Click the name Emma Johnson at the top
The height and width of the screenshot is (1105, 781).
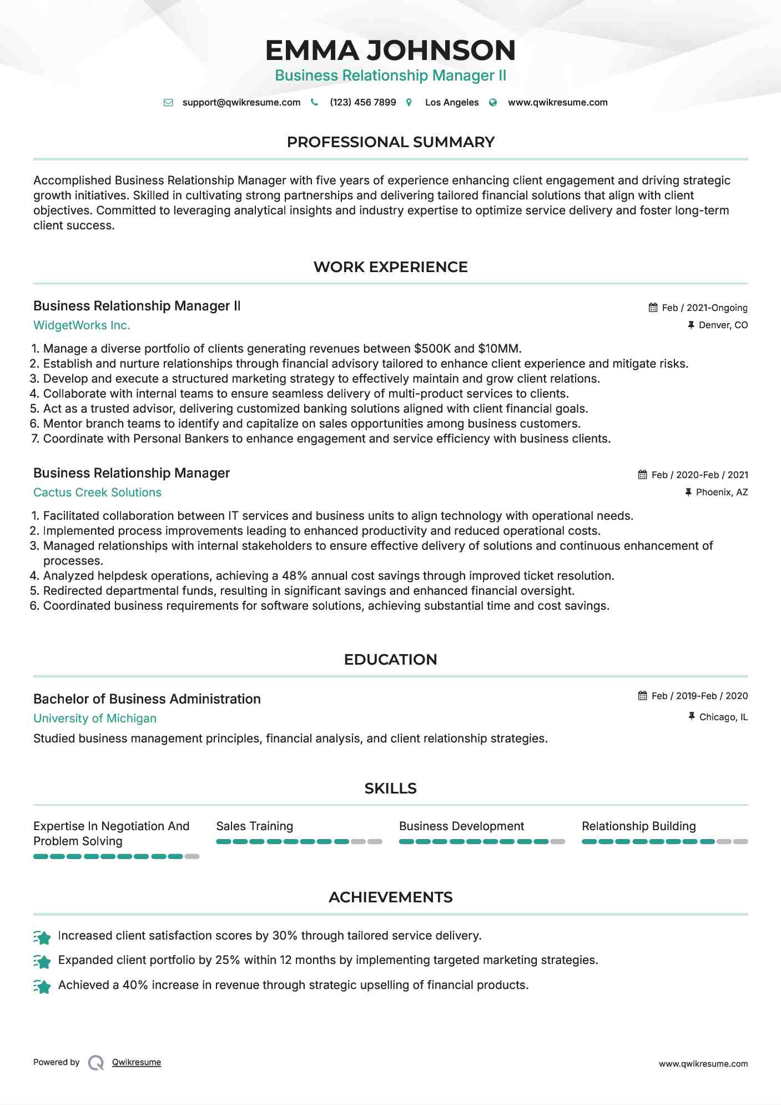tap(390, 51)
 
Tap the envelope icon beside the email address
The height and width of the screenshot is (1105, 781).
tap(168, 103)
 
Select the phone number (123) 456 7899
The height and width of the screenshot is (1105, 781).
tap(362, 103)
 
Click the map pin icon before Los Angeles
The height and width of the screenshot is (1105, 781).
tap(409, 103)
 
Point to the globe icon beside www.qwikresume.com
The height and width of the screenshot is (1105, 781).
tap(493, 103)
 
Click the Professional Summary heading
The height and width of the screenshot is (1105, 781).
tap(390, 142)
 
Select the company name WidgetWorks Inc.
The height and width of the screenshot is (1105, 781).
tap(82, 325)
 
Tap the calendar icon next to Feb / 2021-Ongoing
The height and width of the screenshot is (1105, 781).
tap(653, 308)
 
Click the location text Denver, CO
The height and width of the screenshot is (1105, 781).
tap(723, 325)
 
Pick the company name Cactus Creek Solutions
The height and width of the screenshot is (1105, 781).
tap(97, 493)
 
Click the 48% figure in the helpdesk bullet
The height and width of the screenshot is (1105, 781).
tap(295, 576)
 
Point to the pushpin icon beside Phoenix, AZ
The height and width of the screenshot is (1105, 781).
tap(688, 493)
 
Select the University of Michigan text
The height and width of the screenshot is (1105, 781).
tap(95, 719)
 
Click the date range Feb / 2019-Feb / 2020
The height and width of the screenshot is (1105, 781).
tap(699, 696)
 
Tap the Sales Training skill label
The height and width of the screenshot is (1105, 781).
tap(254, 826)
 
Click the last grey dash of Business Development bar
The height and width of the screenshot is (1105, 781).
tap(558, 842)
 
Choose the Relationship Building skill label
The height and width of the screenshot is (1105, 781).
tap(638, 826)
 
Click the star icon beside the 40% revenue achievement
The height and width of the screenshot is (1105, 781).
tap(42, 986)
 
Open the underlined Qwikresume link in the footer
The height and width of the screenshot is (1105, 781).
tap(137, 1062)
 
